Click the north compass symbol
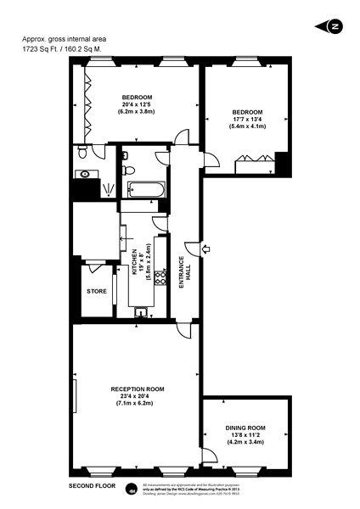335,26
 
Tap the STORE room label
97,291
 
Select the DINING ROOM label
245,428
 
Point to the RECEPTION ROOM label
137,389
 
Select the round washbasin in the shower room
85,174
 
